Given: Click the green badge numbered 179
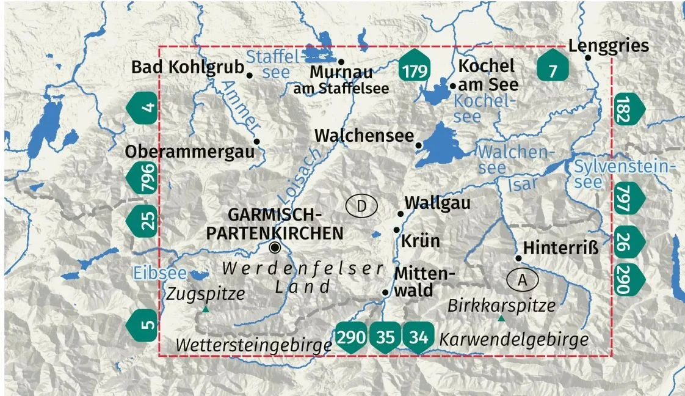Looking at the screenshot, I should [x=415, y=69].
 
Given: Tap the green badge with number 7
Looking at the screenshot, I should [x=553, y=69].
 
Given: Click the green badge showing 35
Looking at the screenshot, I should [x=385, y=336].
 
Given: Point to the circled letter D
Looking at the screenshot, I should [x=361, y=207].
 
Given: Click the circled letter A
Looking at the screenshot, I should [x=522, y=280].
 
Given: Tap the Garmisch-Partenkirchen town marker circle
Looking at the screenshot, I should [x=275, y=247].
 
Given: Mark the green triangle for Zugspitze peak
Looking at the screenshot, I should [x=205, y=310].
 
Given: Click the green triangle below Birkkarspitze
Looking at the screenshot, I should [x=501, y=318].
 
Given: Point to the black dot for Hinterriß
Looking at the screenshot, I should [x=518, y=258].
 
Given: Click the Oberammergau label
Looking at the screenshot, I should [x=189, y=152].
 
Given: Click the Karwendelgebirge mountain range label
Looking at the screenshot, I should [x=515, y=340].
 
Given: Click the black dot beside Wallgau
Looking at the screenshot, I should [x=400, y=213].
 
